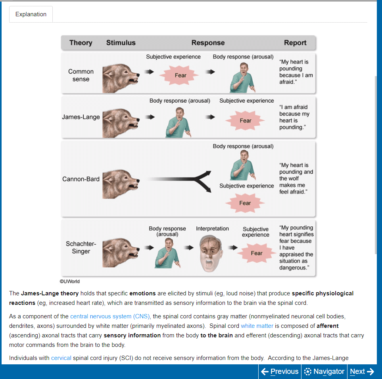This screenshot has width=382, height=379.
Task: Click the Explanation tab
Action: click(31, 14)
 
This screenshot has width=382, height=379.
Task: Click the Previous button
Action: click(280, 371)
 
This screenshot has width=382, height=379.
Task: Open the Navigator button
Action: click(324, 371)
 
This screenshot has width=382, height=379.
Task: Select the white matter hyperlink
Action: click(257, 326)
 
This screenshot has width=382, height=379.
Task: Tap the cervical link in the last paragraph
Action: click(61, 358)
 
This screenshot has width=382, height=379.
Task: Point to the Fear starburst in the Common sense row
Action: click(180, 75)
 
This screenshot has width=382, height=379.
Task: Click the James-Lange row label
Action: click(81, 117)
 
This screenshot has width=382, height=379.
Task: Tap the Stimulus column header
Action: click(121, 43)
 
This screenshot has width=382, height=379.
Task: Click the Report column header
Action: click(295, 43)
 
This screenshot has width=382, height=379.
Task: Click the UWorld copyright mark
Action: click(70, 281)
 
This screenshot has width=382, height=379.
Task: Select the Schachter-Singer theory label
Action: click(81, 247)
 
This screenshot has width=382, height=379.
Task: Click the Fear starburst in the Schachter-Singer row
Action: click(256, 253)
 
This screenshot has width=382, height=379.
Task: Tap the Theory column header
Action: click(81, 43)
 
